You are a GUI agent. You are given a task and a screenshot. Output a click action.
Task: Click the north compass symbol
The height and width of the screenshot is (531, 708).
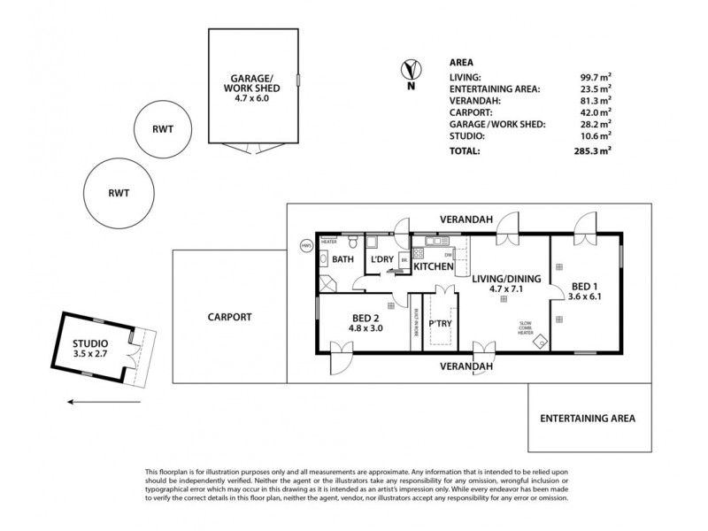pos(410,69)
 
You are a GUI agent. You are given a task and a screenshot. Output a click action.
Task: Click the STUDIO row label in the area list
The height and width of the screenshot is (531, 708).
pos(467,137)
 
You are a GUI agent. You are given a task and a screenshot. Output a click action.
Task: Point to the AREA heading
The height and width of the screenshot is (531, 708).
pos(461,63)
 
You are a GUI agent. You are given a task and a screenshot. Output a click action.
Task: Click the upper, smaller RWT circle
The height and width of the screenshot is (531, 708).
pos(162,128)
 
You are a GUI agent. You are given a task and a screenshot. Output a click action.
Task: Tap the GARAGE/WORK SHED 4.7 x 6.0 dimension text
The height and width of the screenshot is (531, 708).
pos(250,98)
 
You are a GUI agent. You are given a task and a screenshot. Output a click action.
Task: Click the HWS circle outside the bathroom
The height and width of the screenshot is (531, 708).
pos(307,246)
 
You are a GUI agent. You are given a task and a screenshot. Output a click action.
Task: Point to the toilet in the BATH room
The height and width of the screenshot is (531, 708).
pos(354,242)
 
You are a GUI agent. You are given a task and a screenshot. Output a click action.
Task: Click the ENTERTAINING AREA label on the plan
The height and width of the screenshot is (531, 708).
pos(588,418)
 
